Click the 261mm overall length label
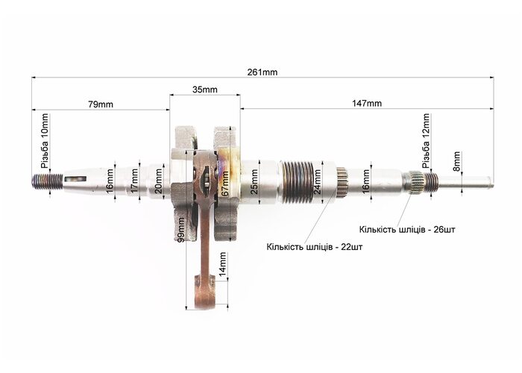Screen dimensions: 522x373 (x=262, y=72)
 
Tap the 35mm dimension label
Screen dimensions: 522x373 (x=205, y=90)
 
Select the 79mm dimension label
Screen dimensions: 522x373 (x=101, y=104)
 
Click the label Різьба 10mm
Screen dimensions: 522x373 (x=44, y=141)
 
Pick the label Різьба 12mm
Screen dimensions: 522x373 (x=426, y=141)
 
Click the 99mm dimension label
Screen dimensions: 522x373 (x=181, y=230)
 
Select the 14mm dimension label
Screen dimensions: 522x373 (x=222, y=264)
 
